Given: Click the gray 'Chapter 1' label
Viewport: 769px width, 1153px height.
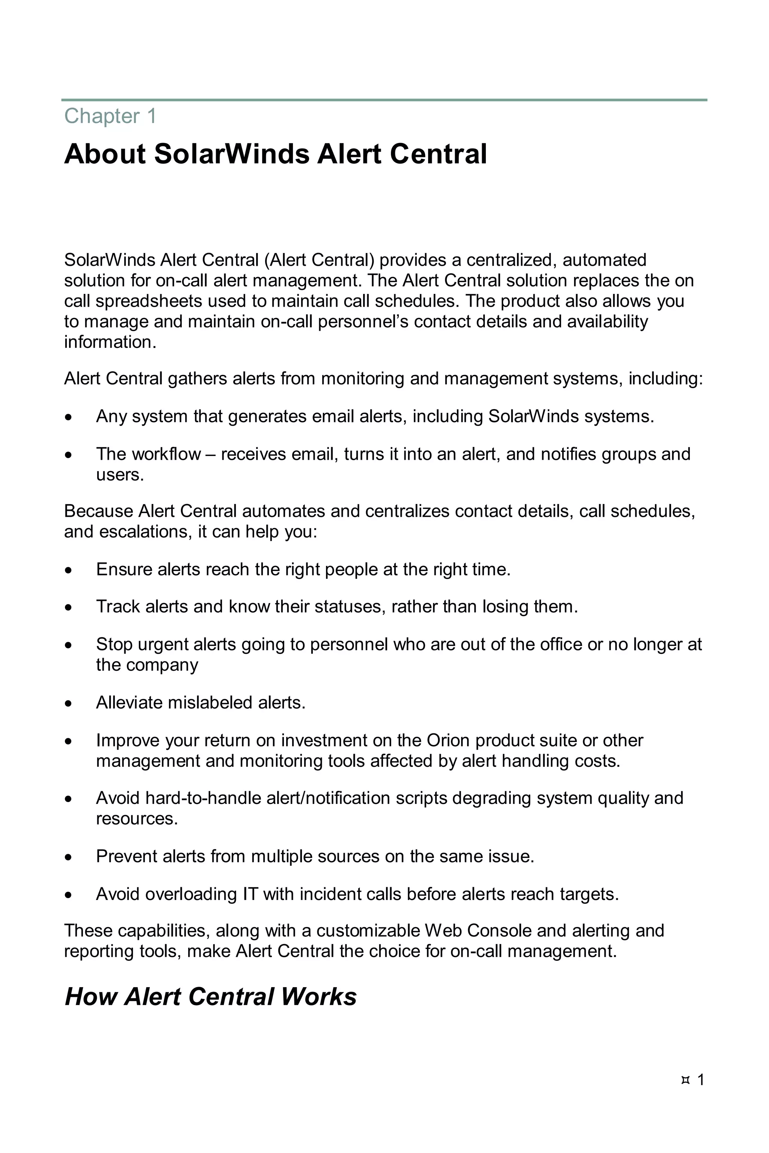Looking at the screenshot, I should (110, 117).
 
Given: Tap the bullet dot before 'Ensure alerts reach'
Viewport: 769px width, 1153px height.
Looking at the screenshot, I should (69, 570).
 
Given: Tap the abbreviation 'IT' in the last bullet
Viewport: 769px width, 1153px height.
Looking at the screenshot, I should (250, 894).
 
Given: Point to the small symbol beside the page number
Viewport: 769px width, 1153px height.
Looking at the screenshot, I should (686, 1080).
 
